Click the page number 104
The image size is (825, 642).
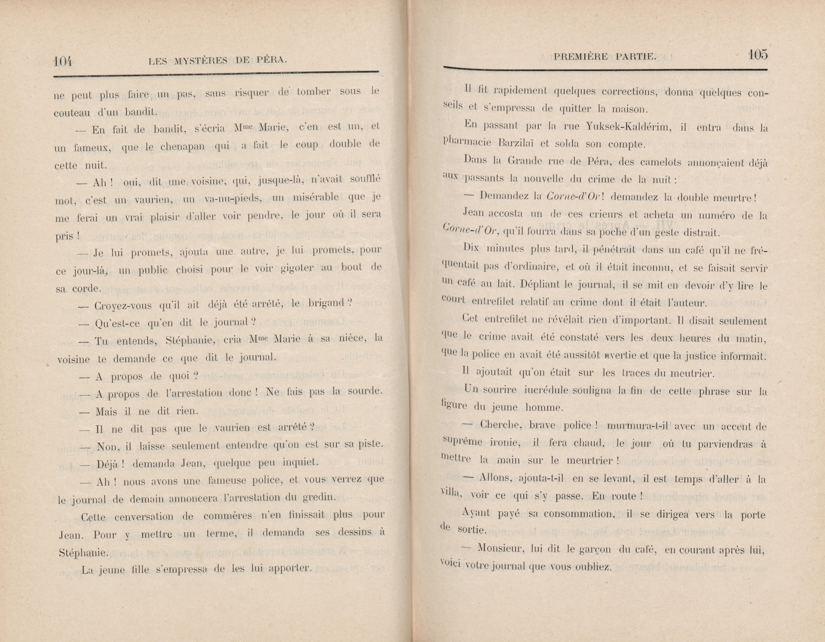[63, 61]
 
